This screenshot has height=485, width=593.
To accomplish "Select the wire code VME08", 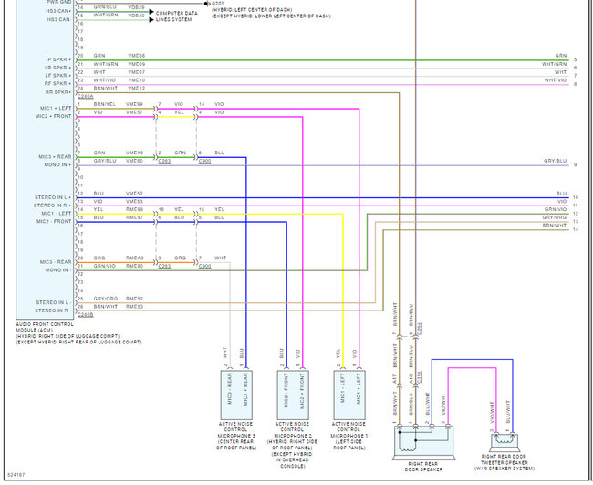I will click(136, 57).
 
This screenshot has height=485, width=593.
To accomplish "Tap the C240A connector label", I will click(86, 95).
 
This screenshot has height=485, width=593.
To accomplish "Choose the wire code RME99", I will click(135, 210).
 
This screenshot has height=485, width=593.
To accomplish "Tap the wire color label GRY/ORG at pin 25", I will click(105, 299).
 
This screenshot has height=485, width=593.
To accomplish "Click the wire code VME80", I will click(136, 161).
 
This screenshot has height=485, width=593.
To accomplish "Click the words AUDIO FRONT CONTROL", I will click(46, 324).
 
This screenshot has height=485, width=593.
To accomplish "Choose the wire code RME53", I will click(136, 307).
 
